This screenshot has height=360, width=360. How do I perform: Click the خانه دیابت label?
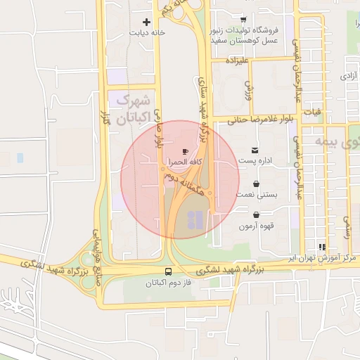click(146, 32)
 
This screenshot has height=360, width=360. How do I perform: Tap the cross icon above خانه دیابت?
click(146, 22)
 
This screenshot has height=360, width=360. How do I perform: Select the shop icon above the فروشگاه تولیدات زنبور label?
click(243, 20)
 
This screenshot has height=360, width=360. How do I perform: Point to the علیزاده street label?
click(238, 61)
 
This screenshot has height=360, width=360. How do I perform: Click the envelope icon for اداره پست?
click(254, 150)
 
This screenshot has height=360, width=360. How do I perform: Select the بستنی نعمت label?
click(255, 193)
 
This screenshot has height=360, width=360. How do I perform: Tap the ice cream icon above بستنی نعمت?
click(255, 184)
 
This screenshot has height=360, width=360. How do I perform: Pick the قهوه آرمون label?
click(255, 226)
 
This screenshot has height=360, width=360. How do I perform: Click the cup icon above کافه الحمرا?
click(185, 151)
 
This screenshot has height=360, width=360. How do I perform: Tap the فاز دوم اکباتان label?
click(167, 283)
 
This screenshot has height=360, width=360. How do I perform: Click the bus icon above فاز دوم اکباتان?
click(167, 272)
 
